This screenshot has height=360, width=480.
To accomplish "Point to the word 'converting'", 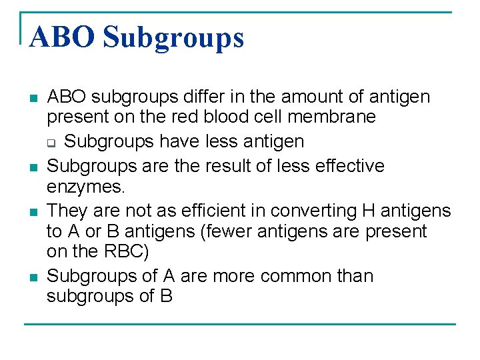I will tap(298, 211).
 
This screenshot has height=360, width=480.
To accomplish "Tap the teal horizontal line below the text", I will tap(240, 324).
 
